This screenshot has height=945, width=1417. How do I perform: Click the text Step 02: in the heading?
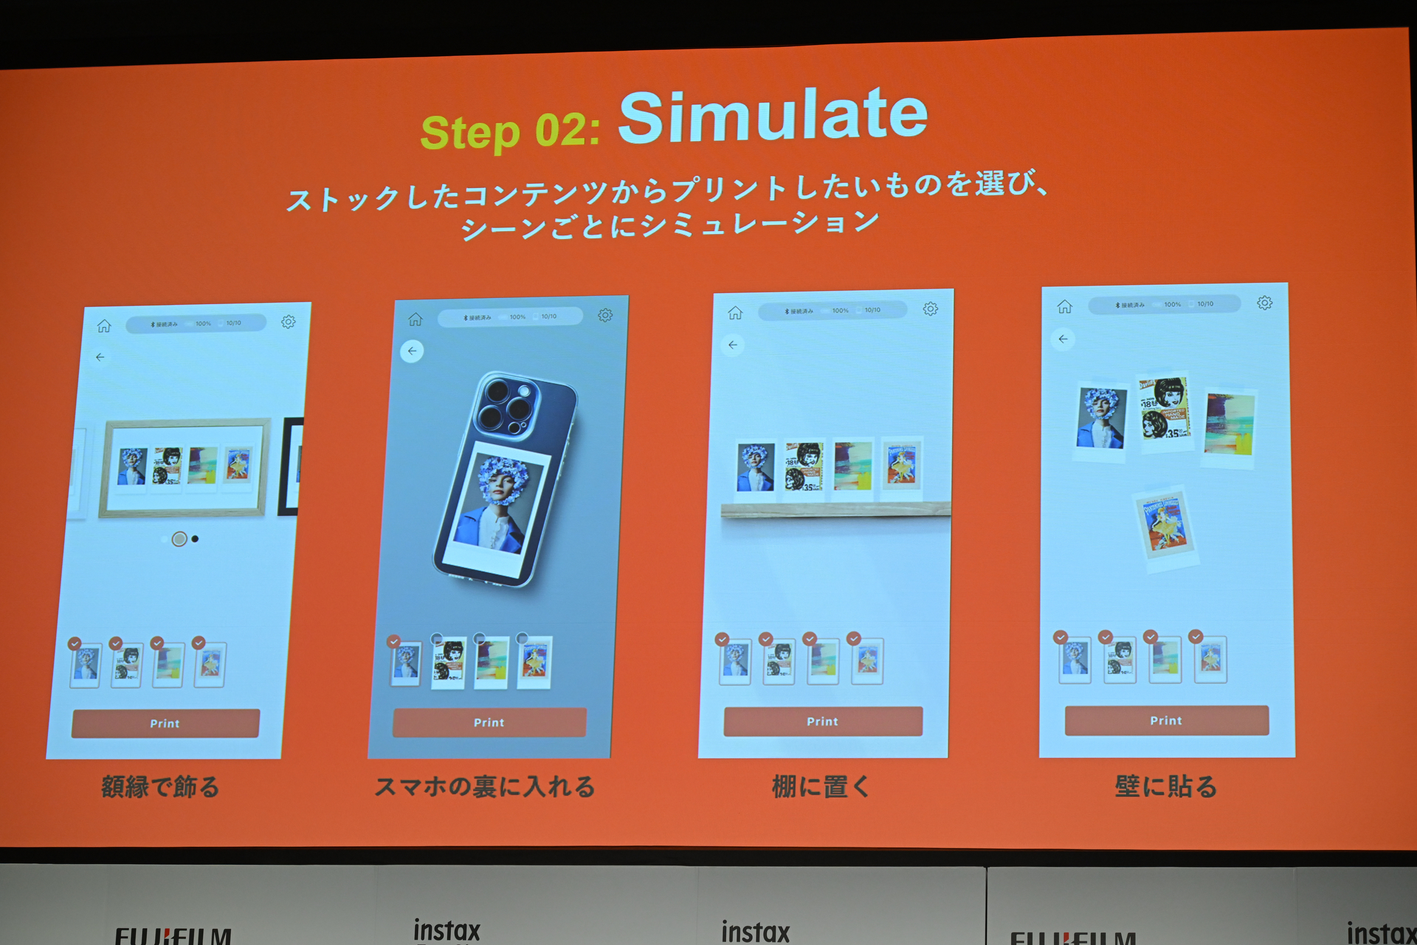(510, 132)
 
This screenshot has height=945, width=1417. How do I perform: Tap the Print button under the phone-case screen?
(489, 722)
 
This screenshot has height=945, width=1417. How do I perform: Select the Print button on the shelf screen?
(822, 721)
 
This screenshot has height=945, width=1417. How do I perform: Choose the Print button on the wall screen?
(1166, 720)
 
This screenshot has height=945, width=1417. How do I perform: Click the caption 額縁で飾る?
(160, 786)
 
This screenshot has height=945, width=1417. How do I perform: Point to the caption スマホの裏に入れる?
(485, 786)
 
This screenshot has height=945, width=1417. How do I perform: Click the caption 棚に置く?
(821, 786)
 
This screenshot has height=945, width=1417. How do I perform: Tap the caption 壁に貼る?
(1166, 786)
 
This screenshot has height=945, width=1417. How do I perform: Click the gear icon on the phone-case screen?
(605, 315)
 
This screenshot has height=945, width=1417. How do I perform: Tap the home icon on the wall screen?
(1064, 306)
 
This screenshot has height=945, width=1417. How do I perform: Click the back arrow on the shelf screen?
(733, 345)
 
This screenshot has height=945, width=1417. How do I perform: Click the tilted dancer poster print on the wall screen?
(1165, 526)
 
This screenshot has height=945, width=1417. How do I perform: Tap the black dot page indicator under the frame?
(195, 539)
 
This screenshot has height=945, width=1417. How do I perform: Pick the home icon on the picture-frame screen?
(104, 326)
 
